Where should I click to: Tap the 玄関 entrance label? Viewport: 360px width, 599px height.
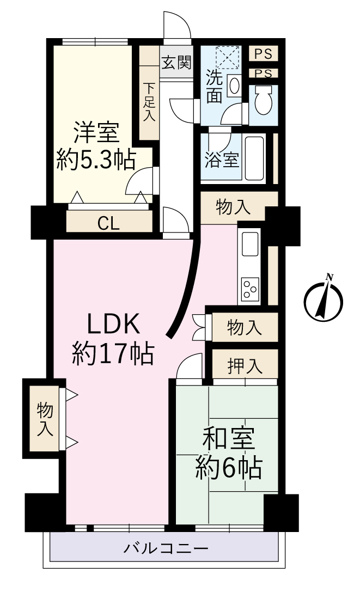pos(176,62)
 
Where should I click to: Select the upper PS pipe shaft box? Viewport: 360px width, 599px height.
pos(263,53)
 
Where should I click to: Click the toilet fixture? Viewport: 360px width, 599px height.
pos(263,99)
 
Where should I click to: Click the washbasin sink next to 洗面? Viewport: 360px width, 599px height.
pos(234,85)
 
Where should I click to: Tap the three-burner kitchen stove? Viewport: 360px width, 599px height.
pos(250,289)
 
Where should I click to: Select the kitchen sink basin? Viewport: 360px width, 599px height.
pos(250,243)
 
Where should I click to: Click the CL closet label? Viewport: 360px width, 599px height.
pos(108,223)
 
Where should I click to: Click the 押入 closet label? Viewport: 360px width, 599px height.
pos(245,366)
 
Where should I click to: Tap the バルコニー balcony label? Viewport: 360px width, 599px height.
pos(166,549)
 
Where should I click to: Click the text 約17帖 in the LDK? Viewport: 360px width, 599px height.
pos(113,353)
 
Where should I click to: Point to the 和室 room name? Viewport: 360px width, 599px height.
pos(229,439)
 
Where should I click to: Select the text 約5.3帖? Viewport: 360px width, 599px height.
pos(96,160)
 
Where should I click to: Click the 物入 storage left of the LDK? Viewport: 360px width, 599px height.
pos(44,419)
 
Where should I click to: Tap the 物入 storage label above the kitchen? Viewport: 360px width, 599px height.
pos(233,208)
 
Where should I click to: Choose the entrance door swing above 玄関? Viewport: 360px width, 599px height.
pos(177,26)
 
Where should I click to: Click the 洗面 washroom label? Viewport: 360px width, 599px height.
pos(215,87)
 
